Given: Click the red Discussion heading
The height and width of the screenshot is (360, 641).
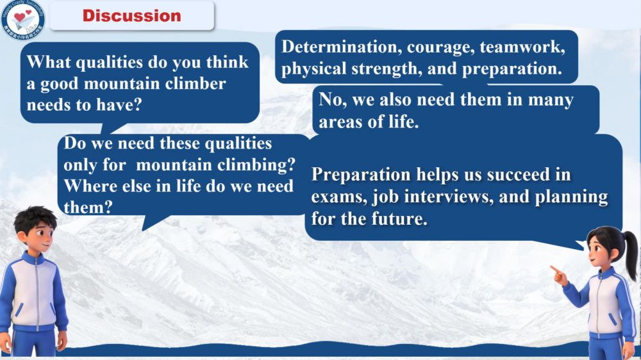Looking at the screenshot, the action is [x=131, y=16].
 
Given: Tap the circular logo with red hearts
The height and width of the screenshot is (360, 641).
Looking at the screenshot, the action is [x=22, y=19].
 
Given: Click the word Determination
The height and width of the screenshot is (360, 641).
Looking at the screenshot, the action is [x=339, y=47].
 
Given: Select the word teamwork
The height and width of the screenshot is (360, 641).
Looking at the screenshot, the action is [x=522, y=47].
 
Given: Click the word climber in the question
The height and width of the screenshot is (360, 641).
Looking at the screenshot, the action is [x=196, y=84].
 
